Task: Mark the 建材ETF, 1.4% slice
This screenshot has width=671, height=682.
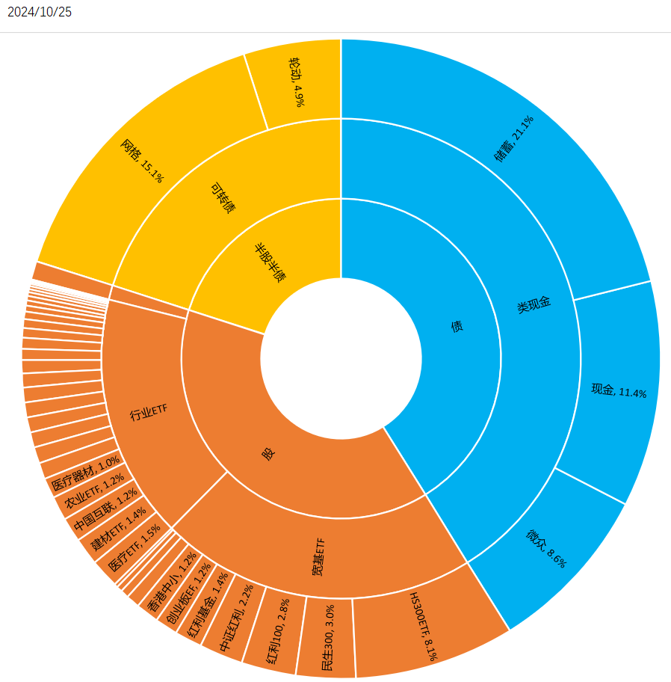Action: pos(115,529)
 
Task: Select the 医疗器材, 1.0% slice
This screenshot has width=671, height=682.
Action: pos(84,475)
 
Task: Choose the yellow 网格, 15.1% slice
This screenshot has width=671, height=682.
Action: pos(142,161)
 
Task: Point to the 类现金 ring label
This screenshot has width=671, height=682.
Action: pos(534,304)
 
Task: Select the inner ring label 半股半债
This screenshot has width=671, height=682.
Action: pos(270,262)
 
